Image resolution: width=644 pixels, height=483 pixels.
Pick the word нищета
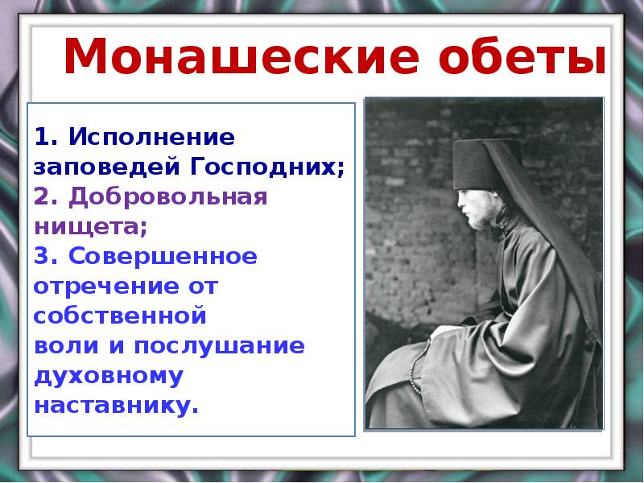pos(89,227)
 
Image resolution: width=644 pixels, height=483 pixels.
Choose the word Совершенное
pos(162,257)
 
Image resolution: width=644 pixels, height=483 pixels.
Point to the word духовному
pos(108,376)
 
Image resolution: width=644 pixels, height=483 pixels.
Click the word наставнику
pos(115,405)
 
